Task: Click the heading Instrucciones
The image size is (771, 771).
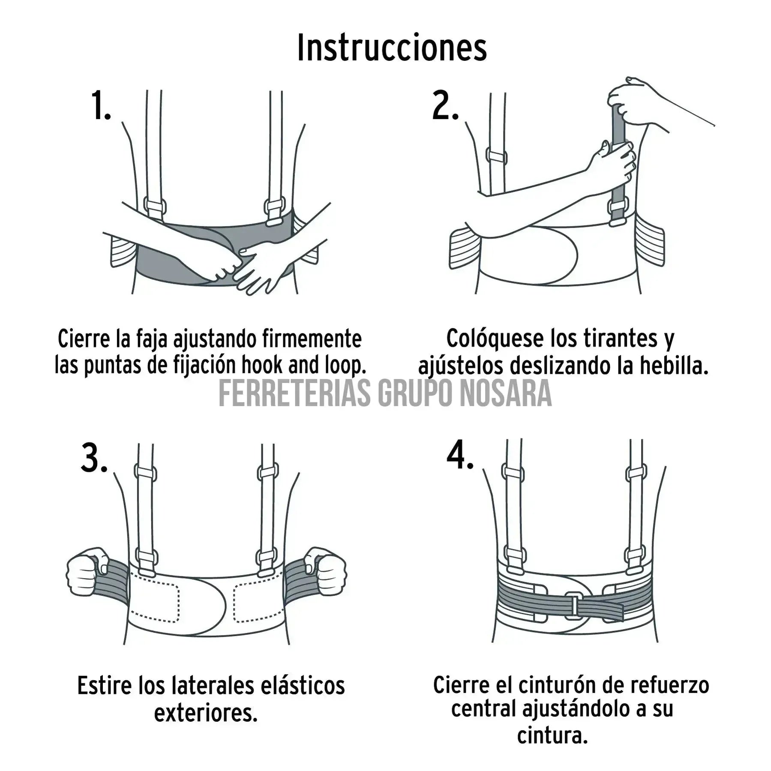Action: pos(392,48)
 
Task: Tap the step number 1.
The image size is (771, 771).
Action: pos(101,105)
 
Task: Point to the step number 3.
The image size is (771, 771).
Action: pos(94,459)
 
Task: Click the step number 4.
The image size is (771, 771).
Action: pos(459,455)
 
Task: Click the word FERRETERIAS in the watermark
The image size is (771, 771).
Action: pos(294,393)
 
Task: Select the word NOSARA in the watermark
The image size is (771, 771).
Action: pos(506,393)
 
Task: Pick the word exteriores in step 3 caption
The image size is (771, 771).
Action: pos(206,713)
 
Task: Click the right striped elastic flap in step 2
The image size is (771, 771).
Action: pos(650,241)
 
